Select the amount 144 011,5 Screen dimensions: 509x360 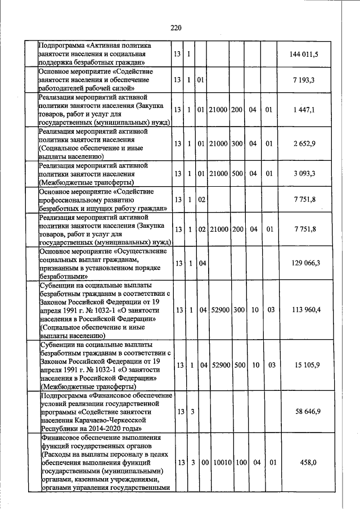click(307, 54)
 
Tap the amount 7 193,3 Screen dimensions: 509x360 click(307, 80)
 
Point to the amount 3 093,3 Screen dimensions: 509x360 click(307, 174)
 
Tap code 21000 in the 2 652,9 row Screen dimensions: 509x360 click(219, 143)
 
